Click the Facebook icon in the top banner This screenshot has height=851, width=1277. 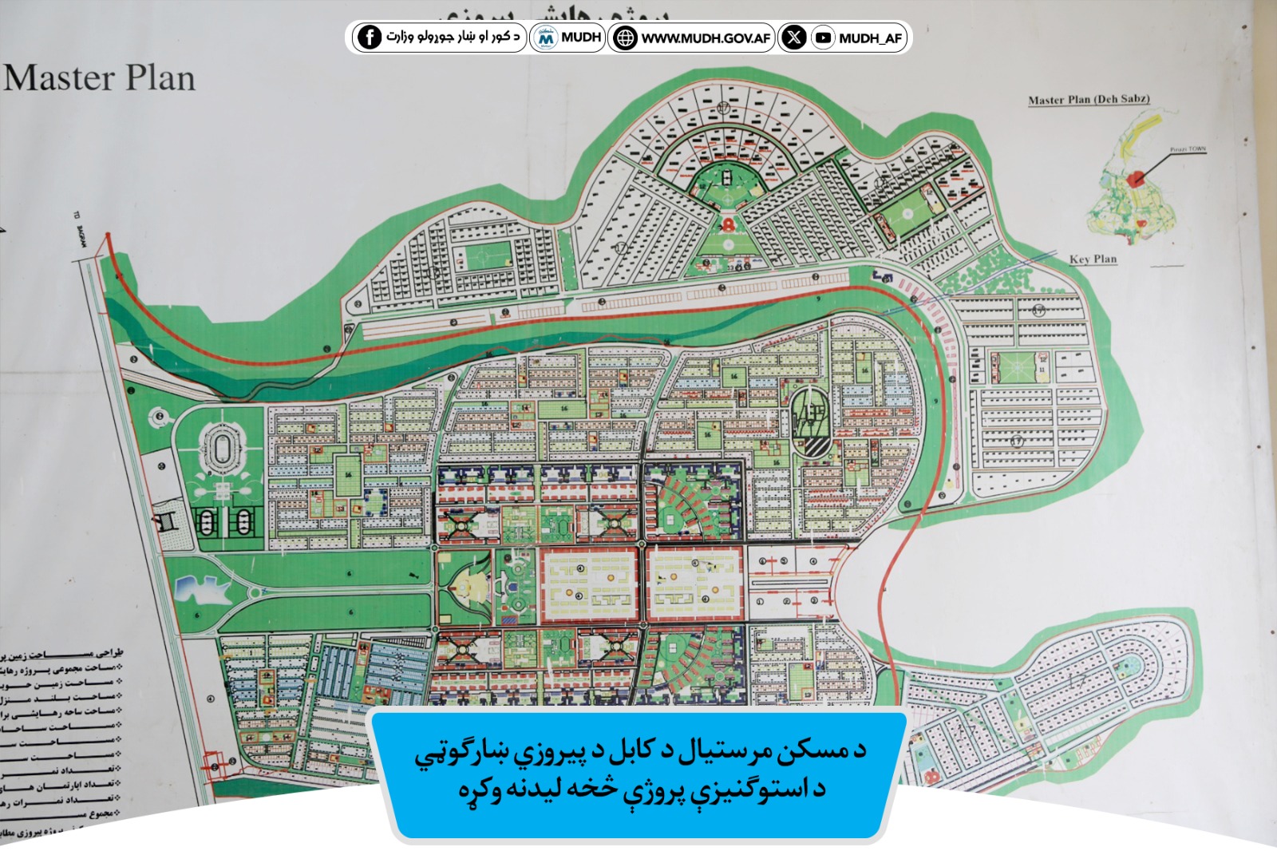[x=369, y=37]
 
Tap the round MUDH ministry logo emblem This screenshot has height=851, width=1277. [x=546, y=38]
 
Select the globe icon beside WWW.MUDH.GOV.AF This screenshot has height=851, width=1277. [x=625, y=38]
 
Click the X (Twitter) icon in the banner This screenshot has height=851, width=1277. [x=793, y=37]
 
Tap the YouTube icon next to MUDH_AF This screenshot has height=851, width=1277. [x=823, y=38]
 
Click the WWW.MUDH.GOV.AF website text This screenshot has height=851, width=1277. [x=706, y=38]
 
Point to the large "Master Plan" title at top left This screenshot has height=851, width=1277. [x=99, y=78]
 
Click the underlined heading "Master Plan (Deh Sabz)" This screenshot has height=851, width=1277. [x=1089, y=100]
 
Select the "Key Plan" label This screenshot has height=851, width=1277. [x=1093, y=259]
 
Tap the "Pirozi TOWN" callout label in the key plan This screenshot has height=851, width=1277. [x=1188, y=149]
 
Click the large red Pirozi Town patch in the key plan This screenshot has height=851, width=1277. [x=1136, y=178]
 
